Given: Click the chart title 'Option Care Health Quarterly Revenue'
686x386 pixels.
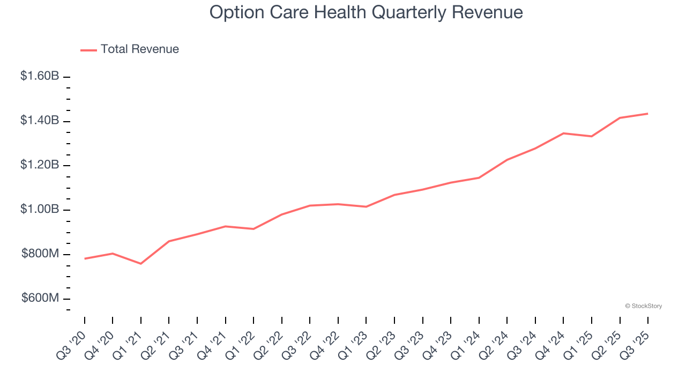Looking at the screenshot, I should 366,12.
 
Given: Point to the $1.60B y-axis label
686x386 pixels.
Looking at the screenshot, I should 40,76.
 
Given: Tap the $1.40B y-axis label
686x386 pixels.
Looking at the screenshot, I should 40,121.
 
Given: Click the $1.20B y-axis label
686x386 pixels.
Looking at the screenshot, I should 40,165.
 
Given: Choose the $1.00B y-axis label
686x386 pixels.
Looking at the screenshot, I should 40,209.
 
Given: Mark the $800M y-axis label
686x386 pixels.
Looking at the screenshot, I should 40,254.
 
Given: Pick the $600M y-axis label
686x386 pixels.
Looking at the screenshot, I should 40,298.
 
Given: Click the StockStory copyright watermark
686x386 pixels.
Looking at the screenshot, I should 643,306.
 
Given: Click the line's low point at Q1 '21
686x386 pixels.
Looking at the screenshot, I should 141,264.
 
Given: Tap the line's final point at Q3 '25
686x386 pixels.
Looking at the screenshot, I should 648,114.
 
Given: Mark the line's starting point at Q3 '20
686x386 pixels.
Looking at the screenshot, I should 85,258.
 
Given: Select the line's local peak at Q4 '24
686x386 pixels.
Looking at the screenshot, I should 563,133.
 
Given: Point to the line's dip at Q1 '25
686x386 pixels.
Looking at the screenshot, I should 592,136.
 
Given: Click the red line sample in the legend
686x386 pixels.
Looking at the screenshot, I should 88,50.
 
